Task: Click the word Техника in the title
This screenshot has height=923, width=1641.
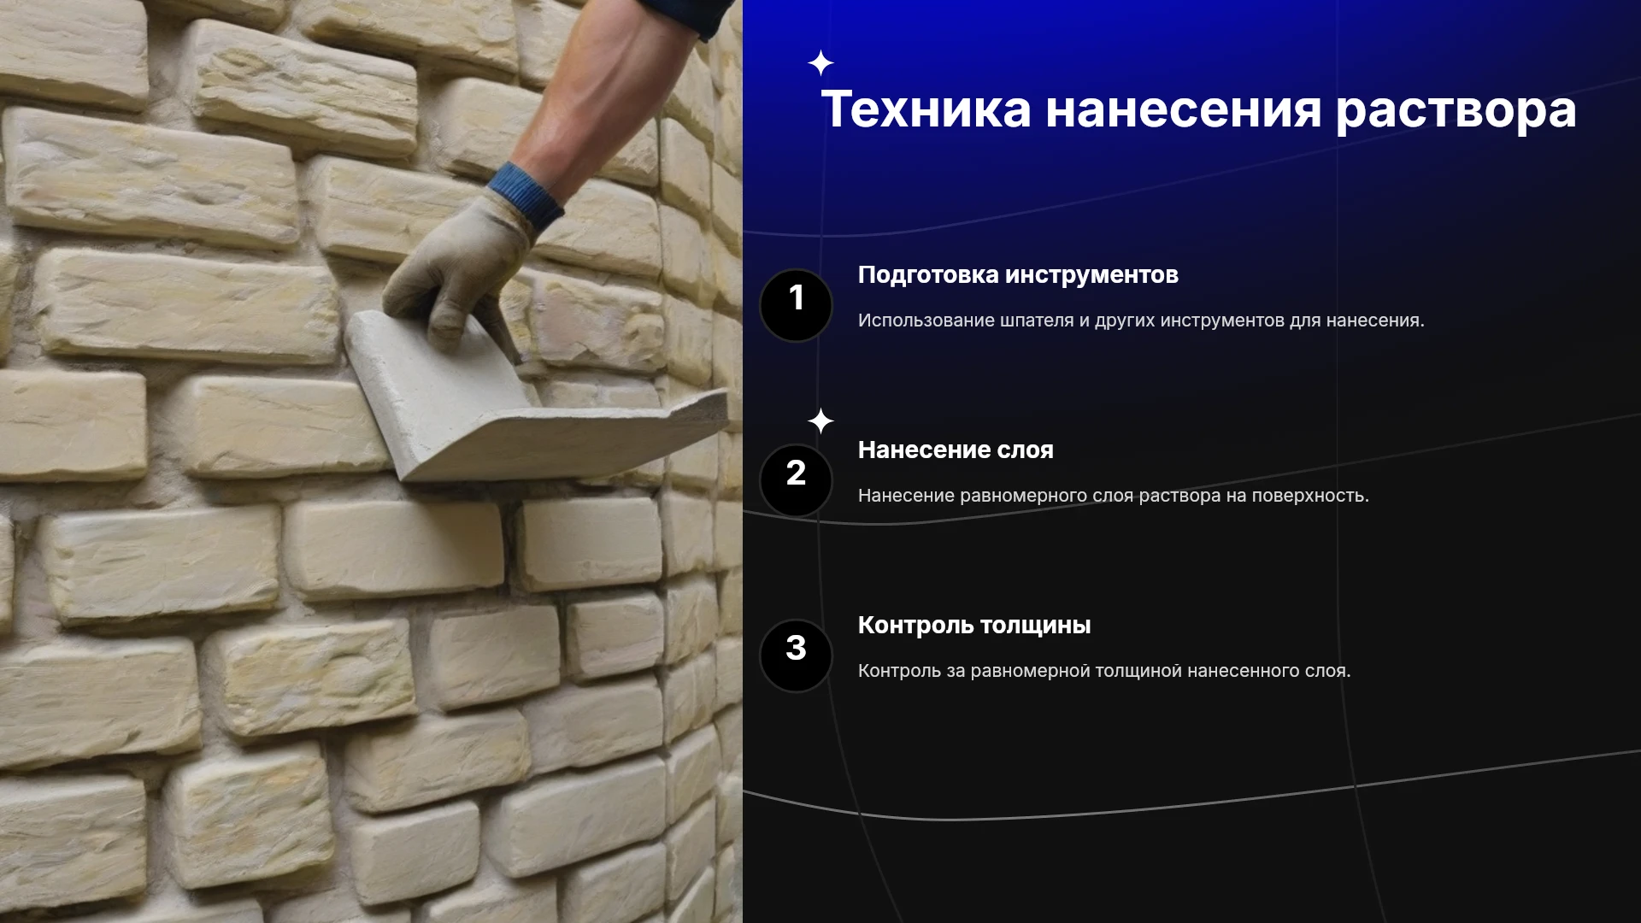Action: tap(926, 109)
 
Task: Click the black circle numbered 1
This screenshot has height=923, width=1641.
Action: tap(796, 305)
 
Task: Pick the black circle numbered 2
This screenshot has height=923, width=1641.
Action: tap(796, 480)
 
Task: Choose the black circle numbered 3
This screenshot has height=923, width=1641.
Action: tap(796, 656)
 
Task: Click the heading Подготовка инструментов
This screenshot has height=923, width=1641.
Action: tap(1018, 275)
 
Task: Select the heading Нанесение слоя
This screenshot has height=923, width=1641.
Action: tap(956, 450)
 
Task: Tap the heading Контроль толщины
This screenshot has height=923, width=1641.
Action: tap(974, 626)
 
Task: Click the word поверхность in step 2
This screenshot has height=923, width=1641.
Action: tap(1310, 496)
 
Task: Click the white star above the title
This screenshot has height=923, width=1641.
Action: tap(820, 63)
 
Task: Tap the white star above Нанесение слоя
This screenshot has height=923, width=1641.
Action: tap(820, 421)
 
